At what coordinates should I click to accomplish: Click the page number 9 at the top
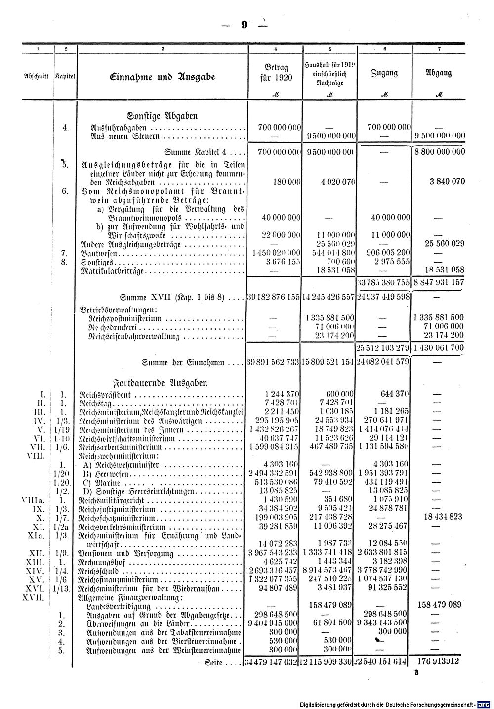pyautogui.click(x=244, y=25)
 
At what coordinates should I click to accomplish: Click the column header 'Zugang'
pyautogui.click(x=385, y=73)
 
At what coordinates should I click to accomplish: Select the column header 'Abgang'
pyautogui.click(x=439, y=73)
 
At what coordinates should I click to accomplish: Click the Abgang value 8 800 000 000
pyautogui.click(x=439, y=151)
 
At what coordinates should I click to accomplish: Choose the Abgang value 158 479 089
pyautogui.click(x=439, y=604)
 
